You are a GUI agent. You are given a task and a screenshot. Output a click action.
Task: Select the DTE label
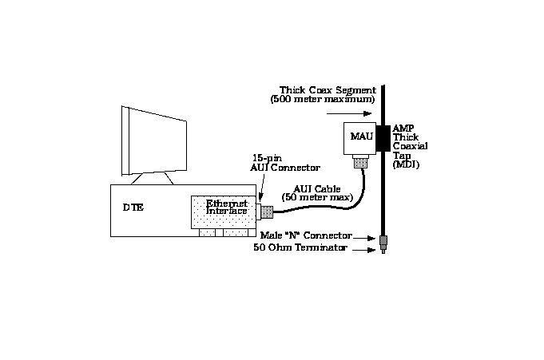(x=133, y=207)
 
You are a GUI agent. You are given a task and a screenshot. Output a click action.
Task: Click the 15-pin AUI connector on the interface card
(x=268, y=212)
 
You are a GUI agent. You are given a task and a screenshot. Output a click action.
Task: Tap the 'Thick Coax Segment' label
(x=316, y=89)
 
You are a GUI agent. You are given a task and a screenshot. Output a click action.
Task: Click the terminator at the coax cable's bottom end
(x=383, y=243)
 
